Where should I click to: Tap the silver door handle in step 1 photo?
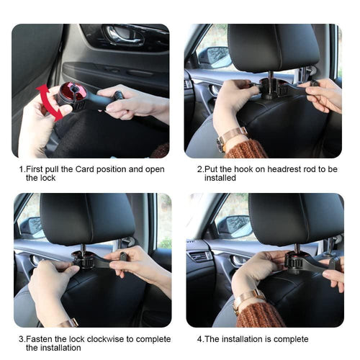[x=120, y=34]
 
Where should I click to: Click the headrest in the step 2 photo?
[x=273, y=47]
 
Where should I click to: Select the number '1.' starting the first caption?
[x=21, y=169]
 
